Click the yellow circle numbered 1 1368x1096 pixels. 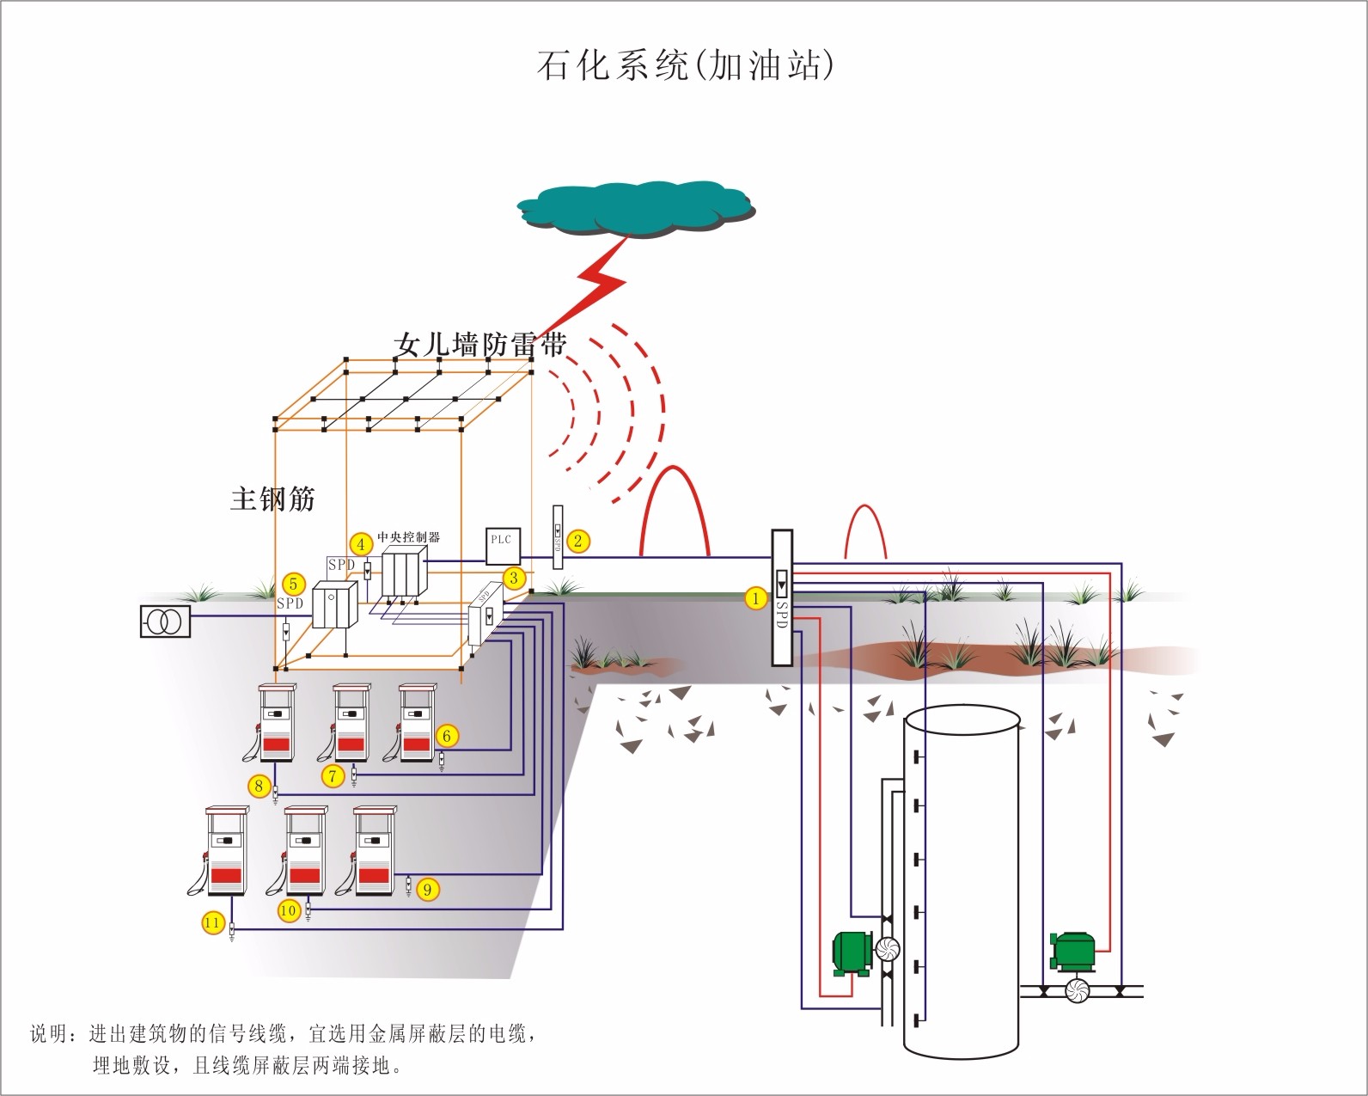tap(756, 598)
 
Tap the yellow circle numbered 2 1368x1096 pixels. tap(578, 541)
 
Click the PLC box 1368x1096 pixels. tap(501, 546)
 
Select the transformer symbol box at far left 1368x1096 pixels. tap(165, 621)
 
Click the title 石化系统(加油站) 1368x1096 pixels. tap(685, 65)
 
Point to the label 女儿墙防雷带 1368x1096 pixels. tap(479, 345)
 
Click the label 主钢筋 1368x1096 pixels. tap(272, 499)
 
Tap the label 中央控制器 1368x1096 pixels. tap(408, 537)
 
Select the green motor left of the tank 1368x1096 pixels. tap(853, 953)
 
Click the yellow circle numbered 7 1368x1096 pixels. tap(333, 776)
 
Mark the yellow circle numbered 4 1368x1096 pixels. tap(361, 544)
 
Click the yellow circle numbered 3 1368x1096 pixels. tap(514, 578)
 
